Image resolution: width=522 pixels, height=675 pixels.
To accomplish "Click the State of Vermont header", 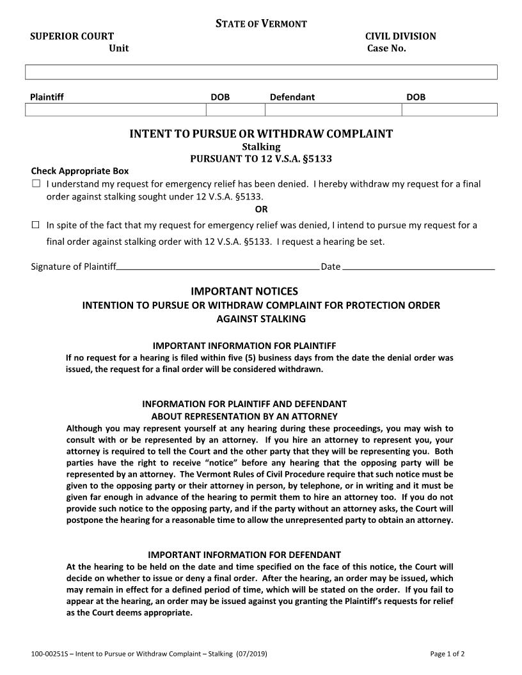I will [261, 24].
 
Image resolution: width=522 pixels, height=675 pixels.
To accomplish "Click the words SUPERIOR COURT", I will [72, 36].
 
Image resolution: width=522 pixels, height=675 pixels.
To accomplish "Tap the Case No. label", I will [386, 49].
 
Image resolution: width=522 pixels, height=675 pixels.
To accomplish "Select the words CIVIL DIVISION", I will [400, 36].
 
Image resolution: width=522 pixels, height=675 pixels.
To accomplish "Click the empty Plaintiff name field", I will [115, 110].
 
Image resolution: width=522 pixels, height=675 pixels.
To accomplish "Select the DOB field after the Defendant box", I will [449, 110].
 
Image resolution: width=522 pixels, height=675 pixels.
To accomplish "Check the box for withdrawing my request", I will [36, 184].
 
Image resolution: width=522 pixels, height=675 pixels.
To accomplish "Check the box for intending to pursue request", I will [36, 225].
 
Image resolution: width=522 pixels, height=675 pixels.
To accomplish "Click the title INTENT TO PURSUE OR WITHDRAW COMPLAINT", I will [261, 134].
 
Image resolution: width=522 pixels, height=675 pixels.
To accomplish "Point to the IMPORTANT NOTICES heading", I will [244, 291].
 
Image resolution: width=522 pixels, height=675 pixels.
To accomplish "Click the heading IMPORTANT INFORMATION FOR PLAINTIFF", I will [244, 346].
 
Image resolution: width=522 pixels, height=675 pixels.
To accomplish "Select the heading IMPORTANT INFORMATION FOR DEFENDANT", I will [244, 555].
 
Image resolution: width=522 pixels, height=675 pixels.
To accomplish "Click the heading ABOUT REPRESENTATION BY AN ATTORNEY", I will [244, 416].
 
